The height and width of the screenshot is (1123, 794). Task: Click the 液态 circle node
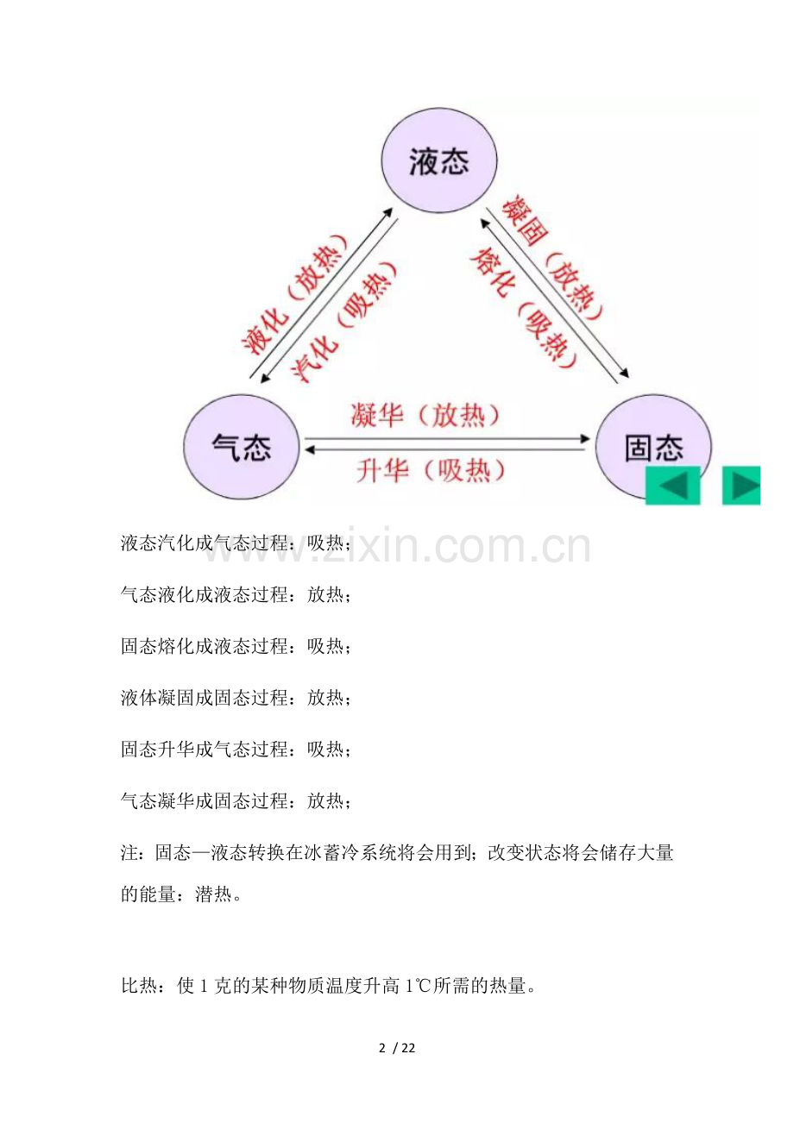(x=439, y=160)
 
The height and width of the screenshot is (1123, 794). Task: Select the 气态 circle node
(x=242, y=447)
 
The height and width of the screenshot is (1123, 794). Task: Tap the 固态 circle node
(x=653, y=447)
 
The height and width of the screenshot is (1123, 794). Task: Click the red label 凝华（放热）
(x=425, y=415)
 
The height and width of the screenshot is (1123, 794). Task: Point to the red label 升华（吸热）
(x=431, y=470)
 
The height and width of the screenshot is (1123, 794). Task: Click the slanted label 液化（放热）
(x=295, y=294)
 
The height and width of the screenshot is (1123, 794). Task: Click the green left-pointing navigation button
(x=672, y=486)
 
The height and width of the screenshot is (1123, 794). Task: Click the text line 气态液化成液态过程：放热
(x=236, y=595)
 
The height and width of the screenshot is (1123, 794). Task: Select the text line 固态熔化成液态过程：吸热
(x=236, y=646)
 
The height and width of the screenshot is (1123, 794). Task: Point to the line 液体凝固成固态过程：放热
(x=236, y=698)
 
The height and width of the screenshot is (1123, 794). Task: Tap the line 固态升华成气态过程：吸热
(x=236, y=750)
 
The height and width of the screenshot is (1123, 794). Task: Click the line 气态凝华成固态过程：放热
(x=236, y=801)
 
